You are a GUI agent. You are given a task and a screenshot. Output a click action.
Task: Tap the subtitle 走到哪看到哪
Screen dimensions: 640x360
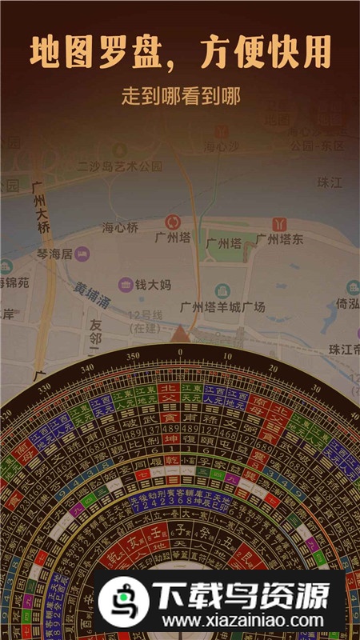click(180, 95)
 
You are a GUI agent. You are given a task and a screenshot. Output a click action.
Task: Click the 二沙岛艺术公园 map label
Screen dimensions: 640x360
click(119, 166)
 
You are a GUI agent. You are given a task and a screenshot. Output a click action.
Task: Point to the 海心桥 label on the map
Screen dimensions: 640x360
click(120, 228)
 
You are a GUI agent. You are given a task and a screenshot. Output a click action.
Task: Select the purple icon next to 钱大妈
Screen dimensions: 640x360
click(126, 284)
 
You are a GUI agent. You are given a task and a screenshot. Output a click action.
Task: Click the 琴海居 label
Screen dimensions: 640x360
click(56, 254)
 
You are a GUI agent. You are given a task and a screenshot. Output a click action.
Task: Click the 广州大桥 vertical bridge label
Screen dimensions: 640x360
click(38, 208)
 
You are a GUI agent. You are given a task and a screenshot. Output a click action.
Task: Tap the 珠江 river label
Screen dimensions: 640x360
click(330, 182)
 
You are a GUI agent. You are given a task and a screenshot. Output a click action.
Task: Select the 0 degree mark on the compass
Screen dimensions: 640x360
click(179, 351)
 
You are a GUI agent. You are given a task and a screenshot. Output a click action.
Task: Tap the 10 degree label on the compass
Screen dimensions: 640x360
click(228, 355)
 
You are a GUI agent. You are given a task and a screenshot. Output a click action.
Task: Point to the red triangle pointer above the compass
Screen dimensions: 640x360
click(180, 334)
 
